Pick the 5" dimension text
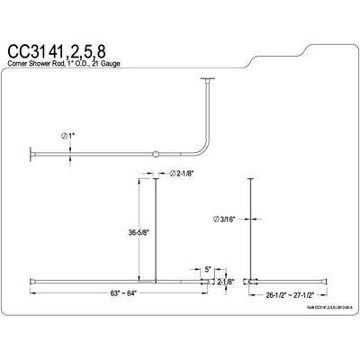tap(206, 267)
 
